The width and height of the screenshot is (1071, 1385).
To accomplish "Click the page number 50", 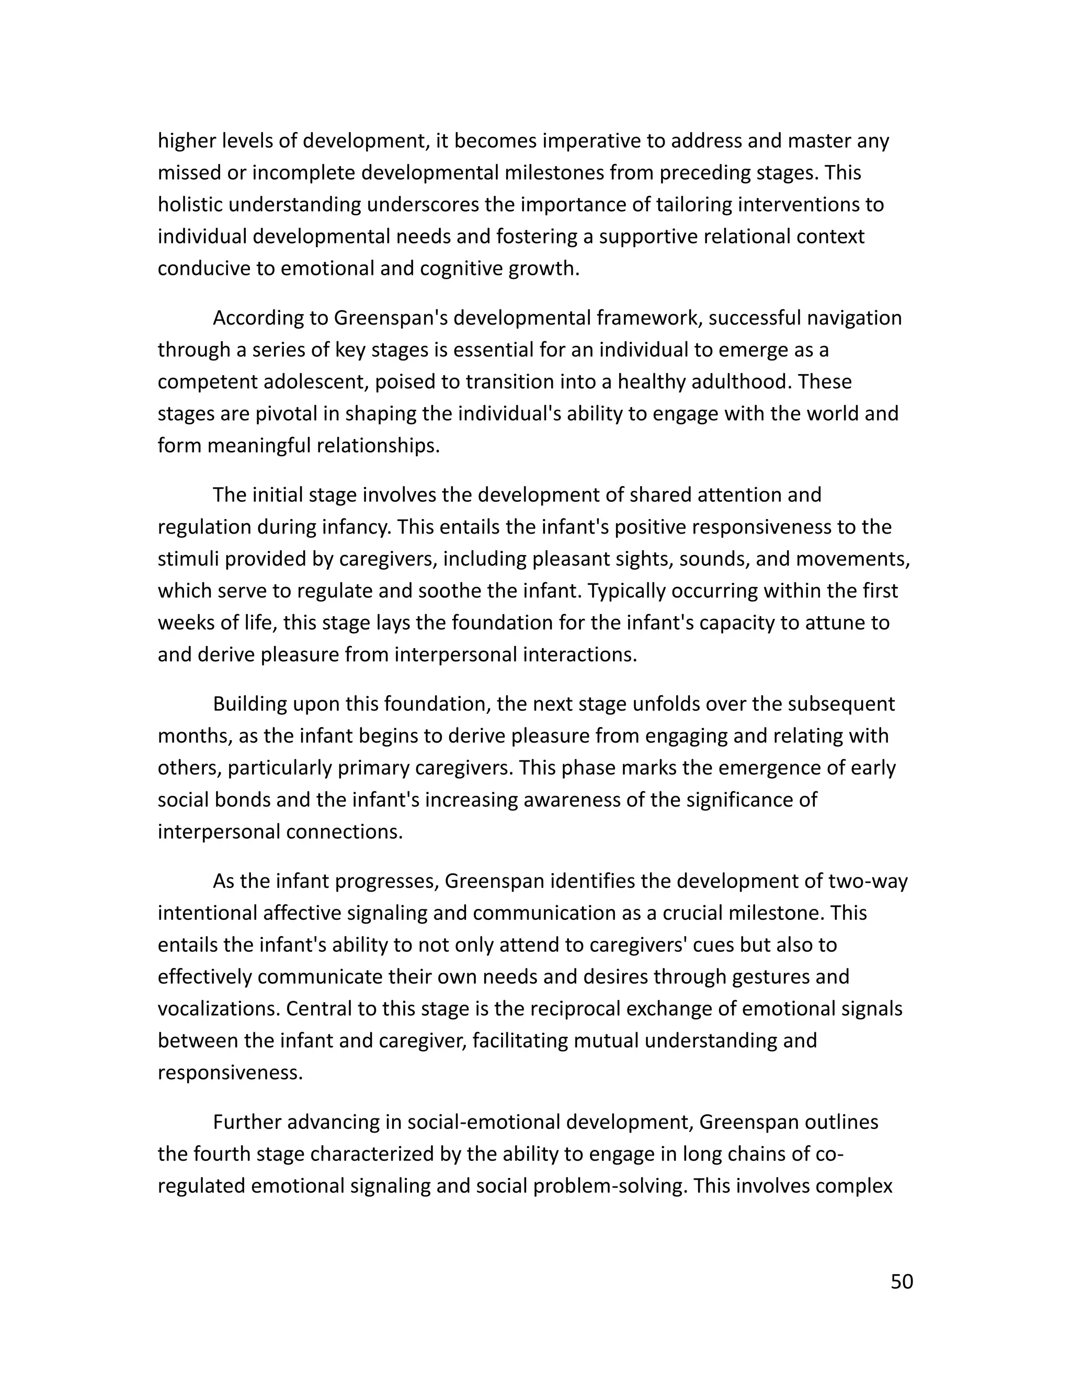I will point(902,1282).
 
